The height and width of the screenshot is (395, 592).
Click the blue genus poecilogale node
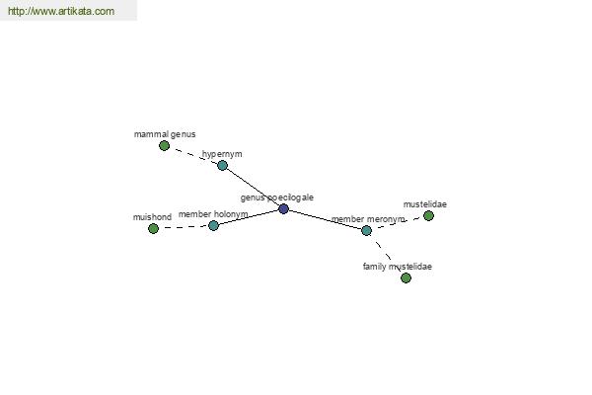[x=283, y=208]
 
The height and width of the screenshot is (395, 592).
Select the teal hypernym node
[x=222, y=165]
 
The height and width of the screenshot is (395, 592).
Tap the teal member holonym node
[x=214, y=226]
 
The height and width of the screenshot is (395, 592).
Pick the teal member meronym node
[x=366, y=230]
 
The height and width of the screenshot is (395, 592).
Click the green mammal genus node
[x=164, y=145]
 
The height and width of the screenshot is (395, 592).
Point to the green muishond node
[x=153, y=229]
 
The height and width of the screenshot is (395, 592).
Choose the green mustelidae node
[x=428, y=216]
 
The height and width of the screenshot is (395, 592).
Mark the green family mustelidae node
[x=406, y=278]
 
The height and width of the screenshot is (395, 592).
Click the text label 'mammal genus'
[x=165, y=134]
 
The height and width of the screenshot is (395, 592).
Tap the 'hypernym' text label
[x=222, y=154]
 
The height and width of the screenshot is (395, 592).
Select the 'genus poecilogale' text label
[x=277, y=197]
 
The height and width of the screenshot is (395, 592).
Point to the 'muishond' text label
[x=152, y=217]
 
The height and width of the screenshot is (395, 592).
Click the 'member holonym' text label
[x=213, y=214]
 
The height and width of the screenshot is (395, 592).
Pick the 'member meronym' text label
[x=368, y=219]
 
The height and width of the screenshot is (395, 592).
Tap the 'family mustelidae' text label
[x=398, y=267]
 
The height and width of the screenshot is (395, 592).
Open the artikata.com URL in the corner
[x=61, y=11]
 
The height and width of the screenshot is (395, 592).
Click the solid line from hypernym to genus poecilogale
[x=253, y=187]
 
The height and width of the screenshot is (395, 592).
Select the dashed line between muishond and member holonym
[x=184, y=227]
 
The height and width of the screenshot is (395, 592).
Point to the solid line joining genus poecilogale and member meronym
[x=325, y=219]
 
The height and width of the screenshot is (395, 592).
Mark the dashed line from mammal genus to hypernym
[x=193, y=155]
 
